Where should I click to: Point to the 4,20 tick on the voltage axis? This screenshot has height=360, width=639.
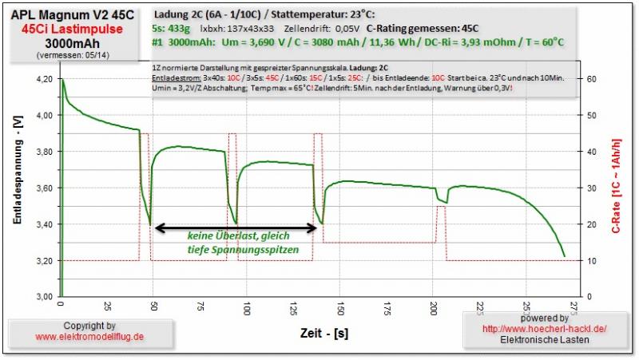click(45, 79)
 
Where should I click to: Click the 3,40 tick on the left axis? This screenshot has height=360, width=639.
click(45, 224)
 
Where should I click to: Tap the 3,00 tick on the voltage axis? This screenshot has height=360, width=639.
click(45, 297)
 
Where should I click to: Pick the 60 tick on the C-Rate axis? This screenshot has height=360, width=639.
click(592, 79)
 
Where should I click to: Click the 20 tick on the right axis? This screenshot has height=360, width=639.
click(592, 224)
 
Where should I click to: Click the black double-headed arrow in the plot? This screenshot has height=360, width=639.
click(232, 227)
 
